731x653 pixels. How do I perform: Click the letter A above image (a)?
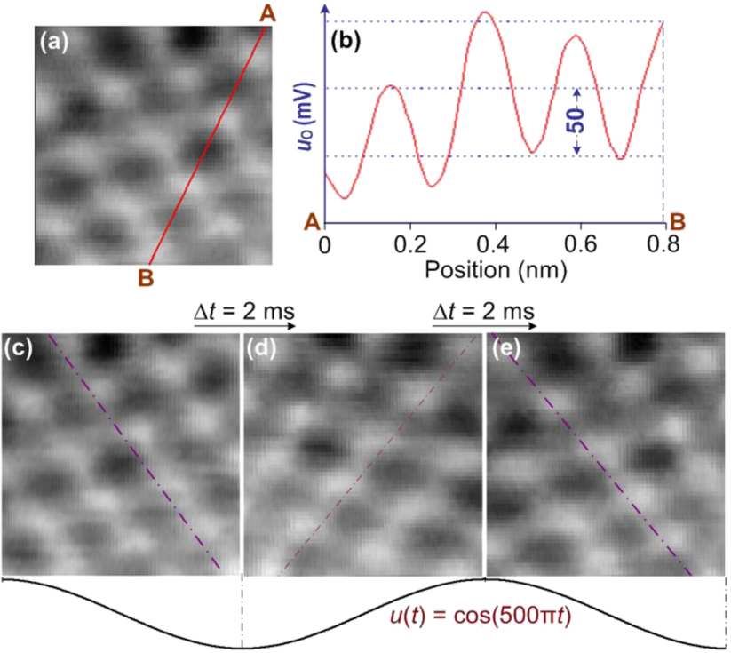point(269,12)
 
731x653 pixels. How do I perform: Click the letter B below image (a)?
point(146,277)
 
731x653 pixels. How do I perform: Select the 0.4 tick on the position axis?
point(494,243)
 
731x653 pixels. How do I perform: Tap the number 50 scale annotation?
point(577,122)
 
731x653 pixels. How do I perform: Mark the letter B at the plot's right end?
point(677,221)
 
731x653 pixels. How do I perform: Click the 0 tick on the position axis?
point(324,243)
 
